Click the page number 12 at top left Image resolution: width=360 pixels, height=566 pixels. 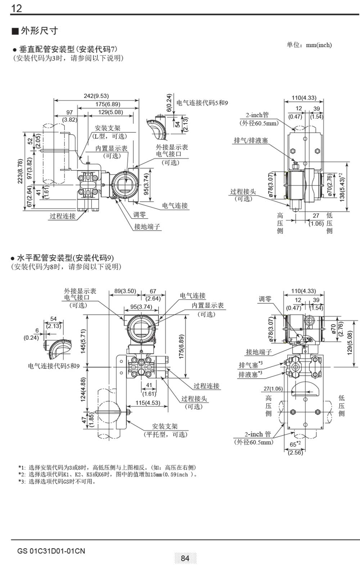point(17,8)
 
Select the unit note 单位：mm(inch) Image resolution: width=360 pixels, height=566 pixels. point(309,45)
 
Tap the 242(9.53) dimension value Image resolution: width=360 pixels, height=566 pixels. point(96,96)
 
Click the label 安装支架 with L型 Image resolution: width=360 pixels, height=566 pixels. point(108,132)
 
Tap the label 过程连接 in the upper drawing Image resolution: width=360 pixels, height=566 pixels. point(63,216)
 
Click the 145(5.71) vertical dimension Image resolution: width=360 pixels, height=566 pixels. point(83,340)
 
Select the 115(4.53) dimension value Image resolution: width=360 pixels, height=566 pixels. point(148,403)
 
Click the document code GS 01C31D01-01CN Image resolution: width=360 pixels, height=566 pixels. point(51,551)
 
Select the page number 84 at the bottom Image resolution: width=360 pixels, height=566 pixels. point(185,558)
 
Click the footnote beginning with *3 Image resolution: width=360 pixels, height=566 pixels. point(58,482)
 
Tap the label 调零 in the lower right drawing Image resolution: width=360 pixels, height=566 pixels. point(265,299)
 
